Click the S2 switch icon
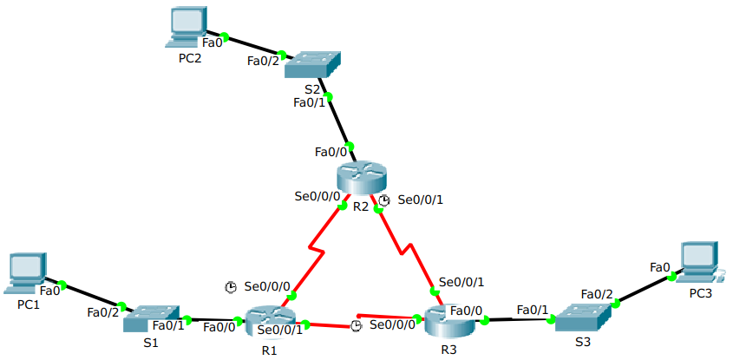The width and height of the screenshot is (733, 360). coord(314,66)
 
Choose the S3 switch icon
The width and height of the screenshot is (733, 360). coord(584,317)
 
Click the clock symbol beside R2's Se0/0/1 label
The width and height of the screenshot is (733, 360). coord(384,200)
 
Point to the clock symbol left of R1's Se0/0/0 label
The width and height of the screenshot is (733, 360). coord(231,286)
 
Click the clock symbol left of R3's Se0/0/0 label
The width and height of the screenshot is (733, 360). coord(356,325)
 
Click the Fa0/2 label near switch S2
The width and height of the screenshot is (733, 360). coord(264,61)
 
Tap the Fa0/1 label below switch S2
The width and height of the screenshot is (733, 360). coord(311,102)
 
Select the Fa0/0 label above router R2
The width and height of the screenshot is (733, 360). coord(331,152)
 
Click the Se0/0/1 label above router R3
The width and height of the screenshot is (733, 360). coord(461,281)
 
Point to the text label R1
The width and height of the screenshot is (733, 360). coord(269,350)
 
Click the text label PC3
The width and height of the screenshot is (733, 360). coord(700,294)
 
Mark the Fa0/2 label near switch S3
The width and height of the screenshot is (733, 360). coord(597,294)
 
